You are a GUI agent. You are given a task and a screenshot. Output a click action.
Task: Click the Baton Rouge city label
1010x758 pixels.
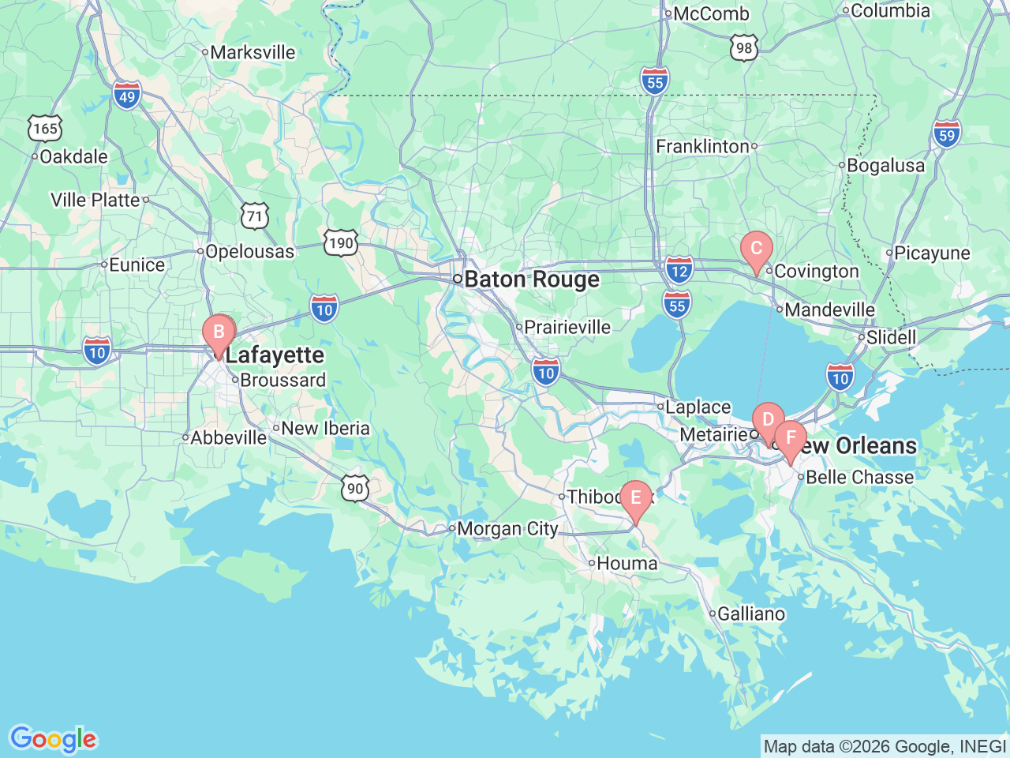pos(532,280)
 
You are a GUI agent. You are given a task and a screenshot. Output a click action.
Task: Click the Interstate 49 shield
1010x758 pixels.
pos(126,96)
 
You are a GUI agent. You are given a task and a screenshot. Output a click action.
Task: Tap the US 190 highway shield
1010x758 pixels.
pos(341,242)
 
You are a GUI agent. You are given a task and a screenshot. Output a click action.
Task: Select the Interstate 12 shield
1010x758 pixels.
pos(679,270)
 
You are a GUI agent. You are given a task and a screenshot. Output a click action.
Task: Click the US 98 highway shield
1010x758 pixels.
pos(743,48)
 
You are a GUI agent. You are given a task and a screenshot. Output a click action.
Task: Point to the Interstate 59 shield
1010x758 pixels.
pos(947,133)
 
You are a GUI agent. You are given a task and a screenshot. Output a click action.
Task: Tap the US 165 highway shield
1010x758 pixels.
pos(45,128)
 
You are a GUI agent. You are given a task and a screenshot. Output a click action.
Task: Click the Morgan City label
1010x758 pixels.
pos(507,529)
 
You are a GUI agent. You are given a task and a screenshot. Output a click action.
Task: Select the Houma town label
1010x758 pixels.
pos(627,564)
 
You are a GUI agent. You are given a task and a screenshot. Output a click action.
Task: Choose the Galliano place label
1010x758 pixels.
pos(750,614)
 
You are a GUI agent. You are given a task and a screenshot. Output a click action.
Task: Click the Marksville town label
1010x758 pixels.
pos(252,53)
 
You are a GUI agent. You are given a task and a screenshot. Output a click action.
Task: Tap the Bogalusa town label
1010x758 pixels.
pos(885,166)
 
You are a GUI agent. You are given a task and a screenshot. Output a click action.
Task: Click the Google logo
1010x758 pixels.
pos(53,739)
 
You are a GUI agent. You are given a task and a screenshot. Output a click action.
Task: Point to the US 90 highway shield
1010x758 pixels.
pos(356,488)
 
